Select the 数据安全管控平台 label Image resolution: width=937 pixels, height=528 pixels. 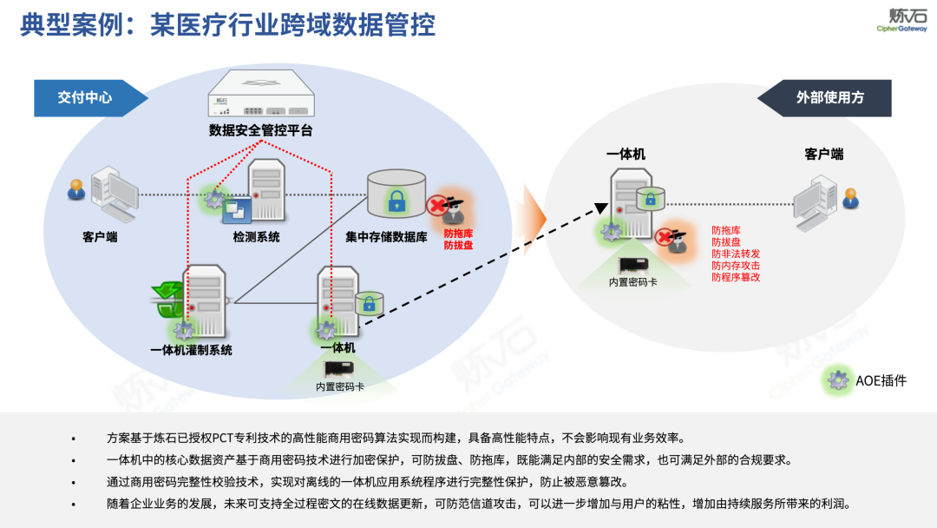coord(260,131)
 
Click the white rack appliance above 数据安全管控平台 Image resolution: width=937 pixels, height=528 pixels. coord(260,94)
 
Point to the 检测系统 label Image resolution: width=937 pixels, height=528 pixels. coord(256,237)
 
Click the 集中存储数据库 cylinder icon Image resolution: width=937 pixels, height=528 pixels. coord(396,193)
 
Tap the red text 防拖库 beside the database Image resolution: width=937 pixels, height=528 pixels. coord(459,234)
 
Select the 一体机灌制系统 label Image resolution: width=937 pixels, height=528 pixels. coord(191,351)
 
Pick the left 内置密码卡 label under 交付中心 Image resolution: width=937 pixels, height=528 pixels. coord(339,386)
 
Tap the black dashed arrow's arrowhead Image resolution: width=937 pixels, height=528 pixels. coord(600,208)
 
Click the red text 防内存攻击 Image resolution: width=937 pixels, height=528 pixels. coord(736,265)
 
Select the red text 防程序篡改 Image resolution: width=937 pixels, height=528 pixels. coord(736,277)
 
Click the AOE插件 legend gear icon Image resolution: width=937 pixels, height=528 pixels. coord(837,380)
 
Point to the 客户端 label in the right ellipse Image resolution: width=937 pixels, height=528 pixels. coord(823,155)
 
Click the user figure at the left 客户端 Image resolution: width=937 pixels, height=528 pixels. coord(77,188)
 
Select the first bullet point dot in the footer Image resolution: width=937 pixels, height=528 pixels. coord(74,438)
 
